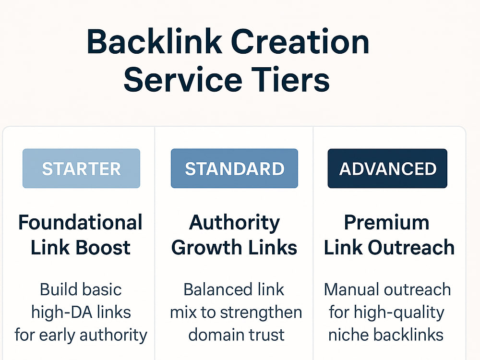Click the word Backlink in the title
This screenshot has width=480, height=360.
154,42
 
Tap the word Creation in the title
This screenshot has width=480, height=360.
300,42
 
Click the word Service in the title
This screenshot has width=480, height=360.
183,79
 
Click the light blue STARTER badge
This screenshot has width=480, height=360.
82,168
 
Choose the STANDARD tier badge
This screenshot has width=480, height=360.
235,168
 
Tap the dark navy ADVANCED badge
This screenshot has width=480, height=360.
387,168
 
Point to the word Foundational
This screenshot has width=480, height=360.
81,222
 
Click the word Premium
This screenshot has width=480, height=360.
386,222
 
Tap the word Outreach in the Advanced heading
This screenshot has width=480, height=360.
411,247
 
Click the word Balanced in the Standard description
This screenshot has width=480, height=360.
215,289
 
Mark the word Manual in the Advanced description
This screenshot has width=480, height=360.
351,289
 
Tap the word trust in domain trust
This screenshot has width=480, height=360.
266,335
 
